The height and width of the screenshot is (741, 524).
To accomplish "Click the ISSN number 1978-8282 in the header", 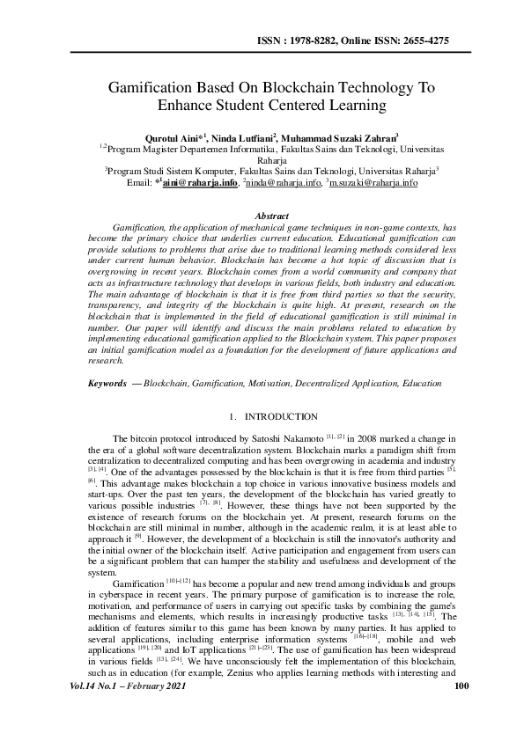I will click(x=328, y=40).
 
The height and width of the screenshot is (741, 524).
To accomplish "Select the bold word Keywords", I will click(x=107, y=385).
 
